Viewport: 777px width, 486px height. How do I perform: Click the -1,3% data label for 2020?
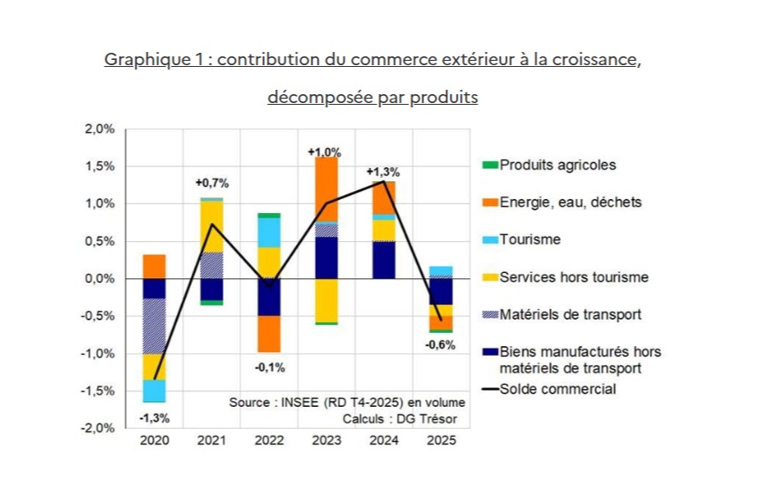coord(155,417)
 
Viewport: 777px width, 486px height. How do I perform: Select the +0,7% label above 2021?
coord(211,183)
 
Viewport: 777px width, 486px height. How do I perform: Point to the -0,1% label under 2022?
coord(268,367)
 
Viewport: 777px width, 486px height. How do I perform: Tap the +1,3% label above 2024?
coord(383,171)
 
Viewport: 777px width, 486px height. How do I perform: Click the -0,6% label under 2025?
coord(440,345)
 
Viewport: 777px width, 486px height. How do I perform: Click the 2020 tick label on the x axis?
coord(155,440)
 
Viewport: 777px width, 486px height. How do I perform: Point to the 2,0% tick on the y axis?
coord(99,129)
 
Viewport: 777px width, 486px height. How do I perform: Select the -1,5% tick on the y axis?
coord(99,391)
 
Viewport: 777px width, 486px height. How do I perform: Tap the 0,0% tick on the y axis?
coord(99,279)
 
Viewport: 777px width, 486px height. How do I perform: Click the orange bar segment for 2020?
coord(155,266)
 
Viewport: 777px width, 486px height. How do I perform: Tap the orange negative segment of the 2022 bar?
coord(268,334)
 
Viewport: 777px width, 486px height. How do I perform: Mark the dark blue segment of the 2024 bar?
coord(383,260)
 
